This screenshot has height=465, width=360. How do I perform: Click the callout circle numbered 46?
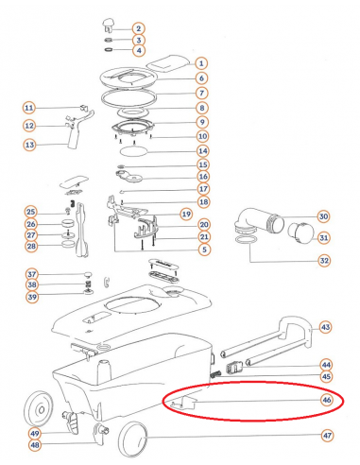tap(327, 400)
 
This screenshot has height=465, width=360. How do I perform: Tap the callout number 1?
tap(201, 63)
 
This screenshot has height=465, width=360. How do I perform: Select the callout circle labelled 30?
tap(324, 216)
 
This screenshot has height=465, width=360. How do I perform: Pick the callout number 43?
tap(325, 327)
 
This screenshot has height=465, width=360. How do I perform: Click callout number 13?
tap(29, 145)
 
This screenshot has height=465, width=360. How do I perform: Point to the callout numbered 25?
tap(30, 212)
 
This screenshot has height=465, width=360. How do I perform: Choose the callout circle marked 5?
tap(204, 250)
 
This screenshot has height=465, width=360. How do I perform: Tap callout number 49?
tap(34, 434)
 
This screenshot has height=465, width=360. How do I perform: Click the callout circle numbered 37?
tap(32, 274)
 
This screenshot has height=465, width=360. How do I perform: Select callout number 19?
tap(186, 215)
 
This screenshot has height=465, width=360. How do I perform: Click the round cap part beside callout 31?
tap(300, 233)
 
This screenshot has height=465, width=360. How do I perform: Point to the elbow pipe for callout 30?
tap(259, 222)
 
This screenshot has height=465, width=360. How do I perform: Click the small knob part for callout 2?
tap(108, 26)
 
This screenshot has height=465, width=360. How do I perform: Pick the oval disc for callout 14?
tap(133, 151)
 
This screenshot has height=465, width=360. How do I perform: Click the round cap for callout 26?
tap(67, 224)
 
